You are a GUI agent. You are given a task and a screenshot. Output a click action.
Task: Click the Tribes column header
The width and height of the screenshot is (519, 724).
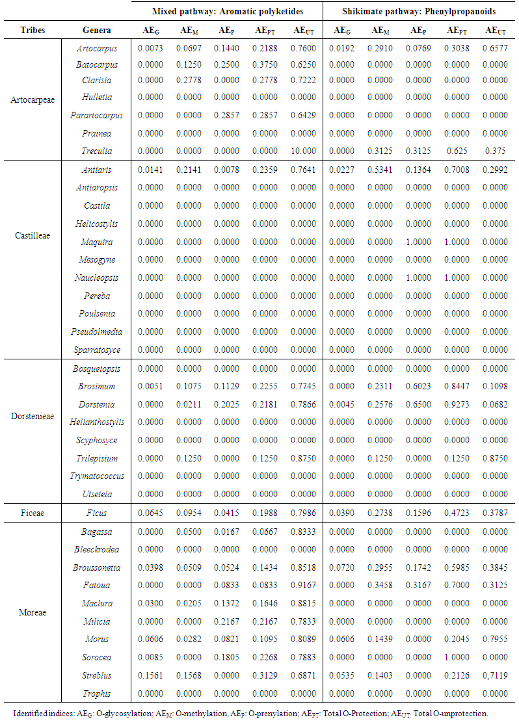tap(33, 30)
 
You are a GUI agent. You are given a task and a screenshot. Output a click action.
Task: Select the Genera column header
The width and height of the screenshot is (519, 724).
tap(97, 30)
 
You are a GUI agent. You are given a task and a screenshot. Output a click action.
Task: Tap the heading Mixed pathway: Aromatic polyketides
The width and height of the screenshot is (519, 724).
tap(228, 12)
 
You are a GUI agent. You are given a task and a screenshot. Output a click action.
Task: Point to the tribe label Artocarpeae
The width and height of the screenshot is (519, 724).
tap(33, 100)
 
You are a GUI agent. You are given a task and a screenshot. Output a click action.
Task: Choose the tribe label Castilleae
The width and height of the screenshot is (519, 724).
tap(33, 235)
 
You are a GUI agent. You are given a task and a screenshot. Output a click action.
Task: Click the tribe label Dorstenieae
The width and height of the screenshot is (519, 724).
tap(33, 416)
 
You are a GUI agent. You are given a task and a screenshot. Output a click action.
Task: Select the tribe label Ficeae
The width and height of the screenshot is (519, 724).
tap(33, 513)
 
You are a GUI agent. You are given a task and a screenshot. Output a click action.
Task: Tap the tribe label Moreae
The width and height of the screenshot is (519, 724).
tap(33, 612)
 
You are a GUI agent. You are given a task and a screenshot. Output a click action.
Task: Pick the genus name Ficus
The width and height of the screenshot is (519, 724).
tap(97, 513)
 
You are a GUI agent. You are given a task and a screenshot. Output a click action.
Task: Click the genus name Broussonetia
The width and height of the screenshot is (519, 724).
tap(97, 567)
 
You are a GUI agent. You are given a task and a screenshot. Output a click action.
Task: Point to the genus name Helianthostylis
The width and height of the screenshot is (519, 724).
tap(97, 422)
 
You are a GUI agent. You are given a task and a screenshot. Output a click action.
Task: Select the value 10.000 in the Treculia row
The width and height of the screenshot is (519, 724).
tap(304, 151)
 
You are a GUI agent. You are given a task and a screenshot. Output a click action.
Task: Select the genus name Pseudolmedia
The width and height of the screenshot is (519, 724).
tap(97, 331)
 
